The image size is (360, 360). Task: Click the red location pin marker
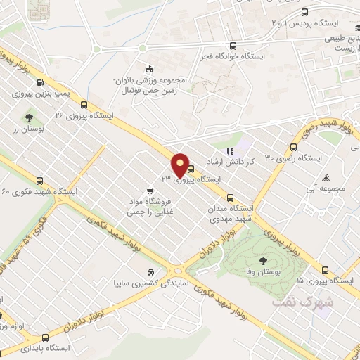tap(180, 165)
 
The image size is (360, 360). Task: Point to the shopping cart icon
tap(149, 190)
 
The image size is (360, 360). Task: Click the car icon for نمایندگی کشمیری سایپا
tap(150, 273)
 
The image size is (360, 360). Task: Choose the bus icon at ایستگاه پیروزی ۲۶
tap(84, 102)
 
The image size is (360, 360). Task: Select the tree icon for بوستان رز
tap(29, 118)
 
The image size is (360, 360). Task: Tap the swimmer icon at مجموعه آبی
tap(326, 177)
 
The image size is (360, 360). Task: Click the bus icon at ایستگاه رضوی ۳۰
tap(294, 147)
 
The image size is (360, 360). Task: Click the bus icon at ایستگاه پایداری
tap(45, 337)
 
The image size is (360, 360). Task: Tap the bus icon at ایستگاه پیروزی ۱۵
tap(325, 269)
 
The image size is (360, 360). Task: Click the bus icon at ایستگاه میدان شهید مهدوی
tap(231, 198)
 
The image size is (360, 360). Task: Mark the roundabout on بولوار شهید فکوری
tap(176, 269)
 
